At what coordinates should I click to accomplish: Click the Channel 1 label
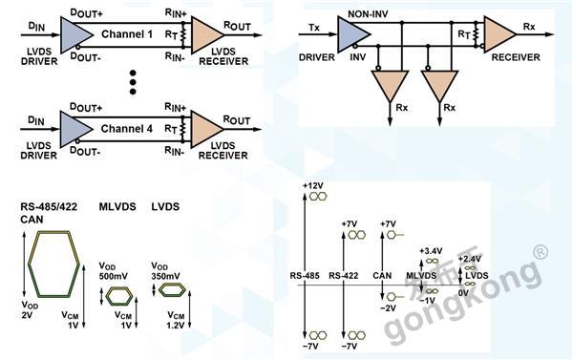(127, 34)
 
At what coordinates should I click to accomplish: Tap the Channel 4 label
(126, 129)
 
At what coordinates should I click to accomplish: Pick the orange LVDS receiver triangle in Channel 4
(207, 129)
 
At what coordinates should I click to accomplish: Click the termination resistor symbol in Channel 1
(182, 34)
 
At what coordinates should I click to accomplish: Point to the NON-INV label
(368, 14)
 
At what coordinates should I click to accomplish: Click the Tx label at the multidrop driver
(314, 28)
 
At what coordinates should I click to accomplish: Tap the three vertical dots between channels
(133, 82)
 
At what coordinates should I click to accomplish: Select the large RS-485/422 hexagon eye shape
(53, 264)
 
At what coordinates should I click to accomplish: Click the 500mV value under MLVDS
(113, 276)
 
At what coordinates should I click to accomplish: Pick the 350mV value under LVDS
(165, 276)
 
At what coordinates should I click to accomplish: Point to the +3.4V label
(431, 251)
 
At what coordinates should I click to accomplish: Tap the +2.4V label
(470, 259)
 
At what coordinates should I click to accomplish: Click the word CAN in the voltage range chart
(382, 276)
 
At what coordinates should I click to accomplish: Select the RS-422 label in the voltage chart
(344, 276)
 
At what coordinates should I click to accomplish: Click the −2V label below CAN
(388, 308)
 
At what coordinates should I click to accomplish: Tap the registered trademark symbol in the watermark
(541, 251)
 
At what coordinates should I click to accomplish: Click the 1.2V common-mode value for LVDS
(176, 325)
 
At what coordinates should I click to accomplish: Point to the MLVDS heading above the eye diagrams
(117, 207)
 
